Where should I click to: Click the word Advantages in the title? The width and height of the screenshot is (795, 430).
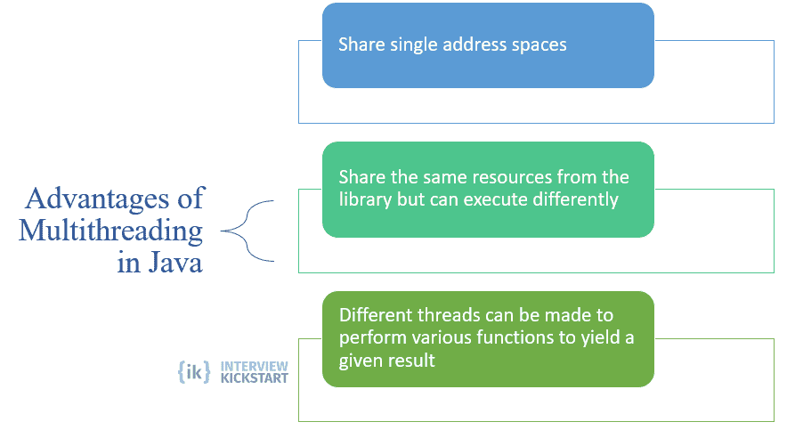[x=98, y=199]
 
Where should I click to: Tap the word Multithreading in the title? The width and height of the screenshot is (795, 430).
[x=111, y=231]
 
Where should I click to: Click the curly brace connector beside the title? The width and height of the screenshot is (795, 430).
[x=247, y=231]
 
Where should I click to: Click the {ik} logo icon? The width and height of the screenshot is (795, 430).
[x=194, y=372]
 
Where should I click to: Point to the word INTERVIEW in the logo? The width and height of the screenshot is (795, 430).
[x=254, y=366]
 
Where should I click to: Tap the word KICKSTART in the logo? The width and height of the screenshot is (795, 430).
[x=254, y=378]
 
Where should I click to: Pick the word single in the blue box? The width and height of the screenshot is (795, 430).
[x=414, y=45]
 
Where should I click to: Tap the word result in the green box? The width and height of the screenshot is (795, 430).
[x=415, y=361]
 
